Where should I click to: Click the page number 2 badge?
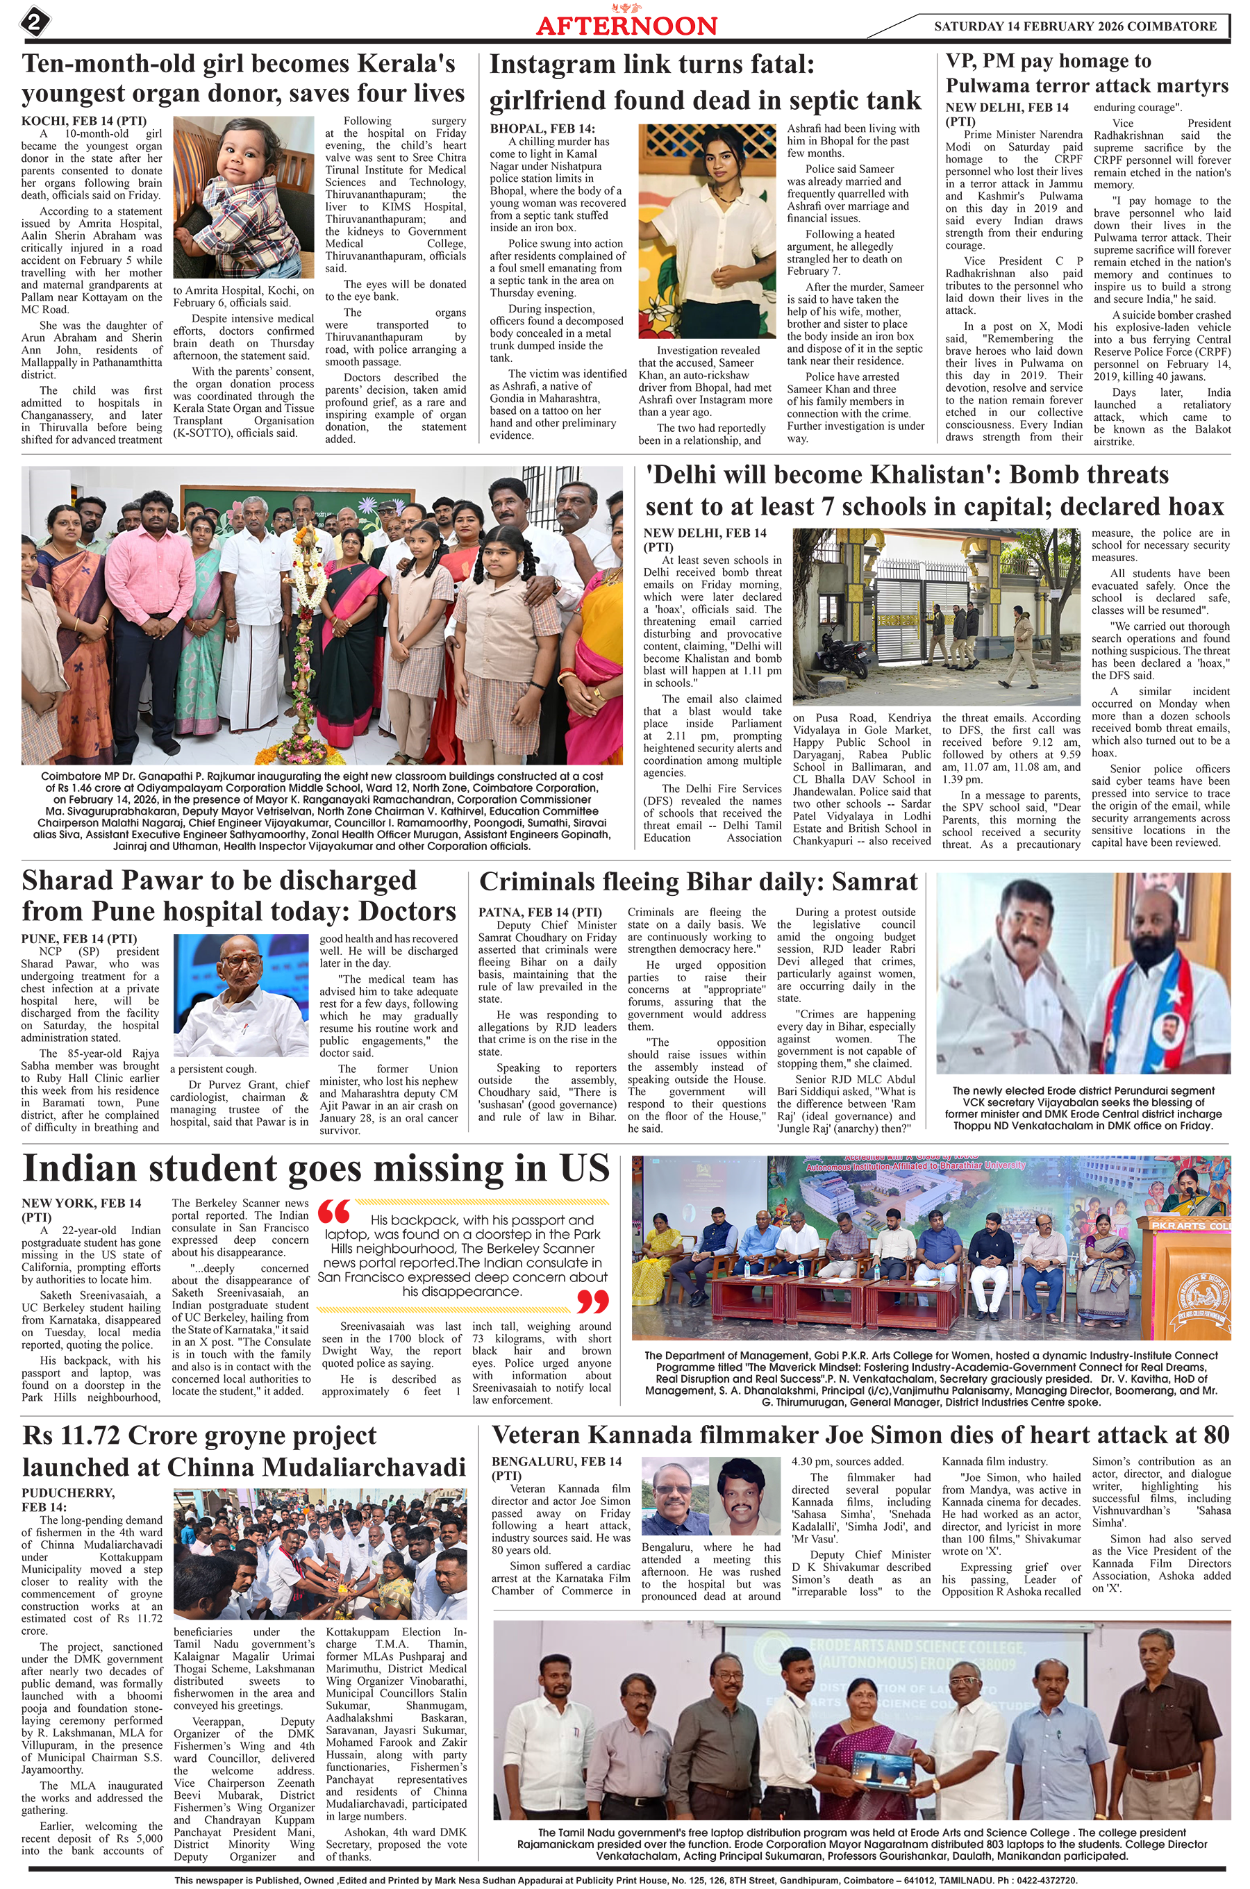(34, 22)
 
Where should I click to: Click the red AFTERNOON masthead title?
(626, 26)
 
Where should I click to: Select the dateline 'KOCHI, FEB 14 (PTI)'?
(84, 121)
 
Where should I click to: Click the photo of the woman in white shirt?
(706, 231)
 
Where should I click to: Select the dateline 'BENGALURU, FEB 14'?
(556, 1461)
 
